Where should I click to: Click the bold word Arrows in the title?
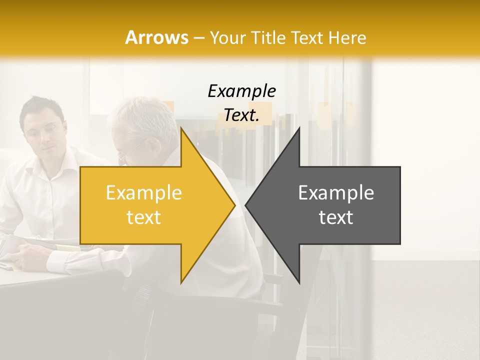(x=157, y=37)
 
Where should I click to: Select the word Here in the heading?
(x=347, y=37)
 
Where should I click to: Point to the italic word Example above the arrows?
(x=241, y=91)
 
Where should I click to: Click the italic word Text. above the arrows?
(x=241, y=115)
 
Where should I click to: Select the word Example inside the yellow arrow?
(x=143, y=193)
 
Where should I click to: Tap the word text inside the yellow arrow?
(x=143, y=217)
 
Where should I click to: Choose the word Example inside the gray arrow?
(x=336, y=193)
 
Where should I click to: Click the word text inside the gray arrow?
(x=336, y=217)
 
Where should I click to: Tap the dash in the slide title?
(x=199, y=38)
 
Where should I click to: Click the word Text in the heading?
(x=306, y=37)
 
